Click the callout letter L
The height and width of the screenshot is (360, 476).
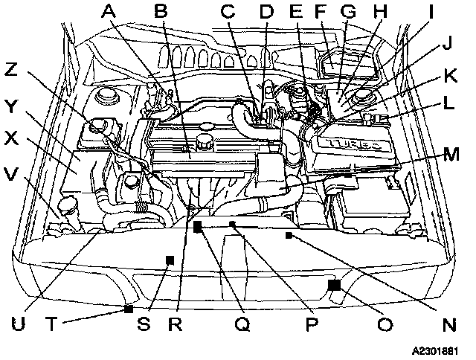point(448,104)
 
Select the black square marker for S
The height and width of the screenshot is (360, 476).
point(170,259)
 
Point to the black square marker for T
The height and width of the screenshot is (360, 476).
point(129,308)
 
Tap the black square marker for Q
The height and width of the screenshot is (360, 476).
point(198,228)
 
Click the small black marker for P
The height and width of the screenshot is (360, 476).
point(232,223)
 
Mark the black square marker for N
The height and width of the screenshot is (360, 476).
point(289,235)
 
